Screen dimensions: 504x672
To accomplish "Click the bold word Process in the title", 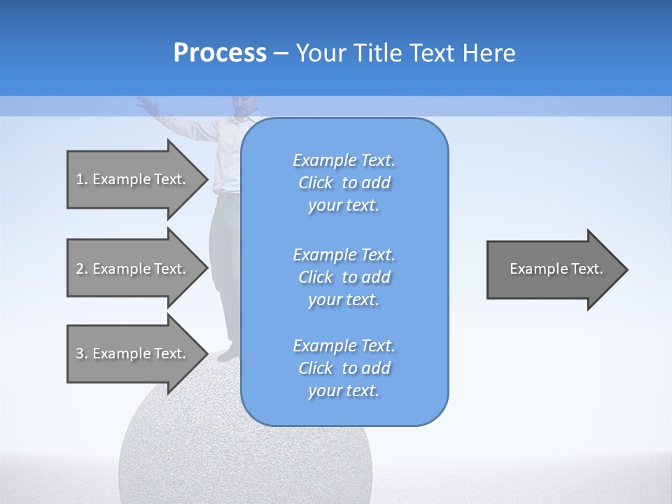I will [220, 53].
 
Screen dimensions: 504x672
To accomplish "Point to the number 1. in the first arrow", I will [81, 179].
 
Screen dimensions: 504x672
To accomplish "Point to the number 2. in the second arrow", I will [81, 269].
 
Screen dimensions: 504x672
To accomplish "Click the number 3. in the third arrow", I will [81, 353].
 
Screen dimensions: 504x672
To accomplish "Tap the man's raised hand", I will [146, 105].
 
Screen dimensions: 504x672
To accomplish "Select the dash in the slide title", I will [281, 53].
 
